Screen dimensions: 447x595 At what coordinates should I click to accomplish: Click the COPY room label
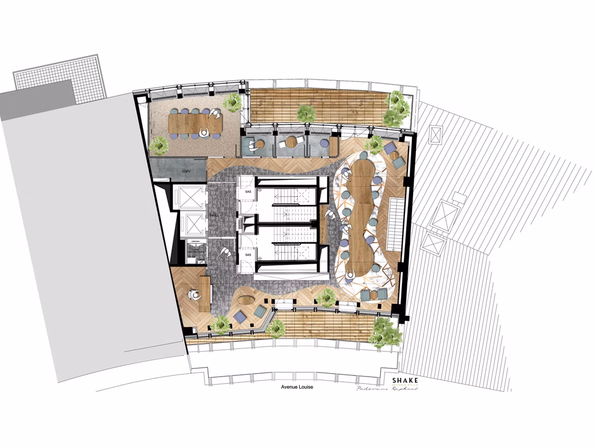(186, 172)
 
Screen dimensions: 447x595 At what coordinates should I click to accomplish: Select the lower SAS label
(248, 255)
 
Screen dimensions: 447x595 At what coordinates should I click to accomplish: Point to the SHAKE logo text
(404, 381)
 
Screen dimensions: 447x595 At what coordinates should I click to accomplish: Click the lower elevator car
(191, 223)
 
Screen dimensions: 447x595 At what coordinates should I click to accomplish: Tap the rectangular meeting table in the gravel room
(195, 123)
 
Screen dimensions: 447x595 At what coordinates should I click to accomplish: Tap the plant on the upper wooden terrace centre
(306, 112)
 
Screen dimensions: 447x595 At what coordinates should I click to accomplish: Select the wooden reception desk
(205, 294)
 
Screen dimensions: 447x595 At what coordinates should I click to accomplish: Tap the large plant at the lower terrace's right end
(385, 332)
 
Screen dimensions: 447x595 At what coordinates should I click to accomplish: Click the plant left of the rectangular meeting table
(159, 145)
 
